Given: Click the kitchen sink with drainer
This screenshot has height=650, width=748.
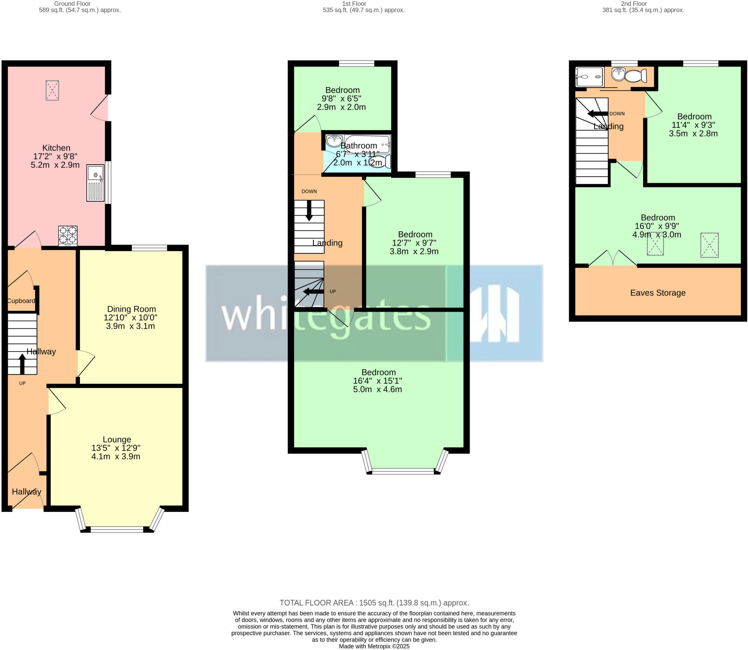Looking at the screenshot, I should click(x=95, y=183).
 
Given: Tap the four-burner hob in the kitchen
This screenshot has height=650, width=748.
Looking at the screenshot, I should click(x=68, y=236).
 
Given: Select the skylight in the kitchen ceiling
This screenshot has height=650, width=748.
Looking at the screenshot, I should click(x=52, y=90).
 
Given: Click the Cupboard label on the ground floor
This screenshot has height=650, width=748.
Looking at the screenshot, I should click(x=21, y=301).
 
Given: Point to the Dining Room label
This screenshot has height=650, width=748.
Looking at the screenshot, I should click(x=131, y=309).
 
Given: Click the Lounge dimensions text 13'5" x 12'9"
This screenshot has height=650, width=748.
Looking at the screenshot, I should click(x=116, y=448).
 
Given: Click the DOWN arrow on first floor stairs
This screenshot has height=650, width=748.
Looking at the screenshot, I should click(x=309, y=211).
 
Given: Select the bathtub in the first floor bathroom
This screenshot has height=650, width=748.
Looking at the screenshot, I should click(x=367, y=144).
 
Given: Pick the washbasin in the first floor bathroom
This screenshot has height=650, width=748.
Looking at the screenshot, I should click(x=334, y=140).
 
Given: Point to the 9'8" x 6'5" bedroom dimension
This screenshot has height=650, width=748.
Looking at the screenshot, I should click(x=341, y=99).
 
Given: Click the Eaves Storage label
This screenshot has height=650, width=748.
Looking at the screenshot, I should click(x=658, y=293).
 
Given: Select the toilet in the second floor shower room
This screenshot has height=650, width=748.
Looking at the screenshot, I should click(x=636, y=76).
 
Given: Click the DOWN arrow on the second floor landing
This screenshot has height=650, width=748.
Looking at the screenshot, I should click(x=598, y=114).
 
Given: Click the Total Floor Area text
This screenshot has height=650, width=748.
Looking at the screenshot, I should click(x=374, y=603).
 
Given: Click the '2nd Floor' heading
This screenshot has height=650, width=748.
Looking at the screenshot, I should click(x=634, y=4).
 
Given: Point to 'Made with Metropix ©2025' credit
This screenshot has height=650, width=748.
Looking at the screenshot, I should click(x=374, y=646).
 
